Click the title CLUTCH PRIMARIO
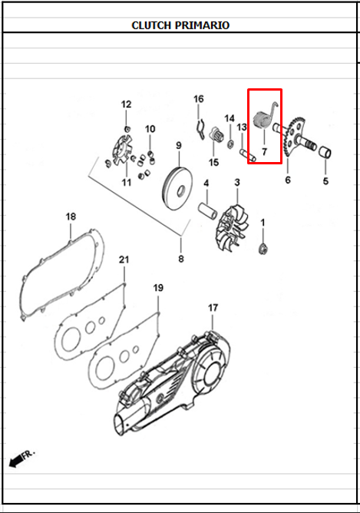click(180, 25)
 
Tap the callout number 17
click(213, 308)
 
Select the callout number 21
click(124, 260)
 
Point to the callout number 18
click(71, 217)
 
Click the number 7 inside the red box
click(264, 152)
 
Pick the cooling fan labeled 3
click(233, 227)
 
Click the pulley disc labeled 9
click(178, 188)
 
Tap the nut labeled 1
click(263, 250)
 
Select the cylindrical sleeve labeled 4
click(208, 211)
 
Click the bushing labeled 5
click(325, 153)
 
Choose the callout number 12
click(126, 104)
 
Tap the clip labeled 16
click(201, 128)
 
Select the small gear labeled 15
click(216, 134)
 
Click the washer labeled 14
click(230, 143)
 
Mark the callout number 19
click(158, 288)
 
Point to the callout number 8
click(181, 259)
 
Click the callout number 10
click(150, 129)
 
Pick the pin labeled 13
click(248, 155)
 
